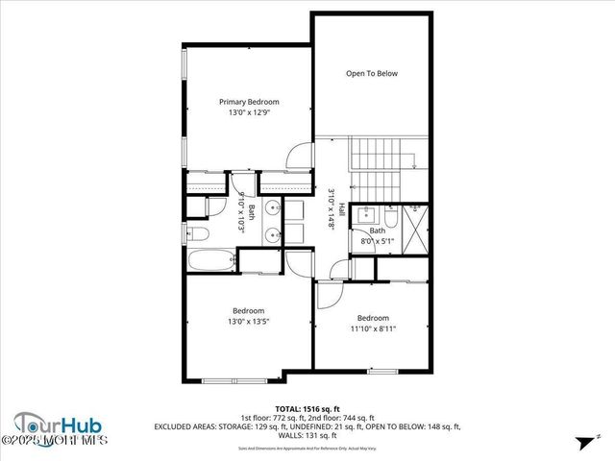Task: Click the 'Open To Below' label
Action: [x=372, y=73]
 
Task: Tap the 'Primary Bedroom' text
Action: [x=249, y=102]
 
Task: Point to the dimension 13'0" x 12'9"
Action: [x=249, y=113]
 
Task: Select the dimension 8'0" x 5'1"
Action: [x=378, y=241]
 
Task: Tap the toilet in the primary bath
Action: [x=197, y=233]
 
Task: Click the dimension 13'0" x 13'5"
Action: [x=249, y=322]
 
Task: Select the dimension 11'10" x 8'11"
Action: [x=373, y=328]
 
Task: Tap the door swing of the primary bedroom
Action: [x=300, y=154]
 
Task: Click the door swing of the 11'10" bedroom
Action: [x=330, y=294]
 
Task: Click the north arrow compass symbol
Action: [x=582, y=442]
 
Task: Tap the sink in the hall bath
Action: [x=371, y=215]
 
